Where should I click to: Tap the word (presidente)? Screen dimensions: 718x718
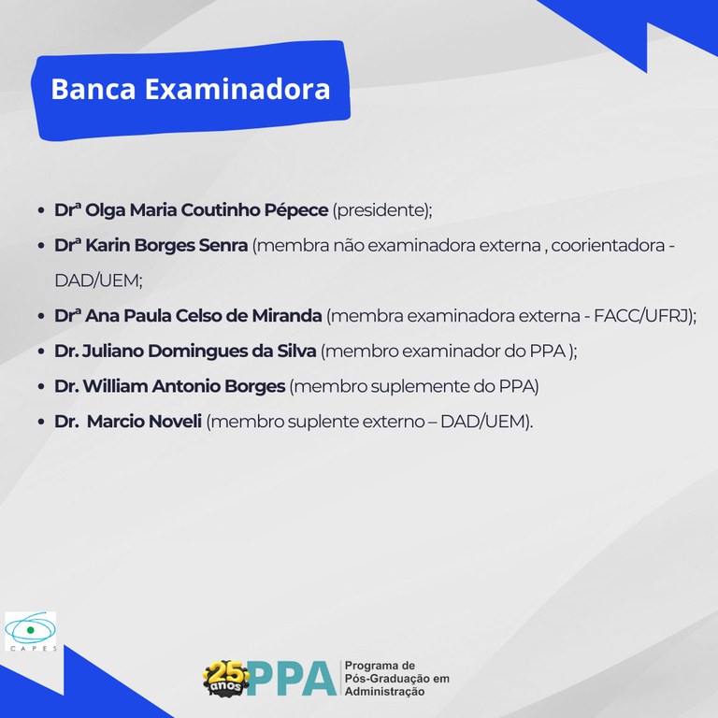[x=381, y=210]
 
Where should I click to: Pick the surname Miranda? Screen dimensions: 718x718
[x=286, y=316]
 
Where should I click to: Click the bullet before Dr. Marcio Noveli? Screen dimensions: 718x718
[x=41, y=422]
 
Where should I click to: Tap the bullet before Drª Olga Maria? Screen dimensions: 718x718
[x=41, y=210]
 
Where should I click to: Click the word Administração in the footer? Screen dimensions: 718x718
[x=384, y=692]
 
